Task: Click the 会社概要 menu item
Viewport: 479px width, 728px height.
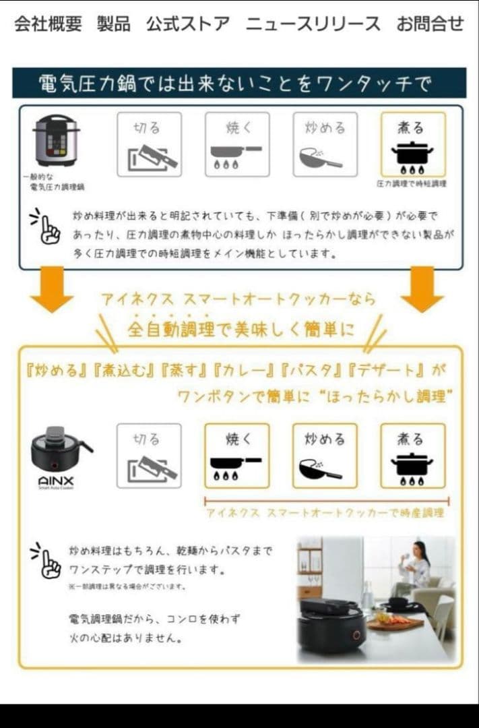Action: coord(48,24)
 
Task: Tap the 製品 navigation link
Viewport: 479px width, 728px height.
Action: coord(113,24)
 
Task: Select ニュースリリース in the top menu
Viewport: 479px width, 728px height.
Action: coord(313,24)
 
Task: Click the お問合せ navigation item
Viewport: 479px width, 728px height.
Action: coord(430,24)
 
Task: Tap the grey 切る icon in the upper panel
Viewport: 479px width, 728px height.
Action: coord(149,144)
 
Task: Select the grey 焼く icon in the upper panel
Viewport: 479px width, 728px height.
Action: coord(237,144)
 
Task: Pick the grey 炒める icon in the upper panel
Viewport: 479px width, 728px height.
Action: coord(325,144)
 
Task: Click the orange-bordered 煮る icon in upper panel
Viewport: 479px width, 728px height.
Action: coord(412,144)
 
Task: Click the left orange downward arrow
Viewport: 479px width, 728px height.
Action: coord(51,289)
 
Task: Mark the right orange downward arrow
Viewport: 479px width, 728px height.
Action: coord(422,289)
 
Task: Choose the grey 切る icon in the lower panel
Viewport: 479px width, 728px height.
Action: coord(149,456)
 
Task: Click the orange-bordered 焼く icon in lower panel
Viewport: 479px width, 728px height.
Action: coord(237,456)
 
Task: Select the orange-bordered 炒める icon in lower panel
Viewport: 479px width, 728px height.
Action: coord(325,456)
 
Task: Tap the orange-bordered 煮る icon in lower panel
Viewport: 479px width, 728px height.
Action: coord(412,456)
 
